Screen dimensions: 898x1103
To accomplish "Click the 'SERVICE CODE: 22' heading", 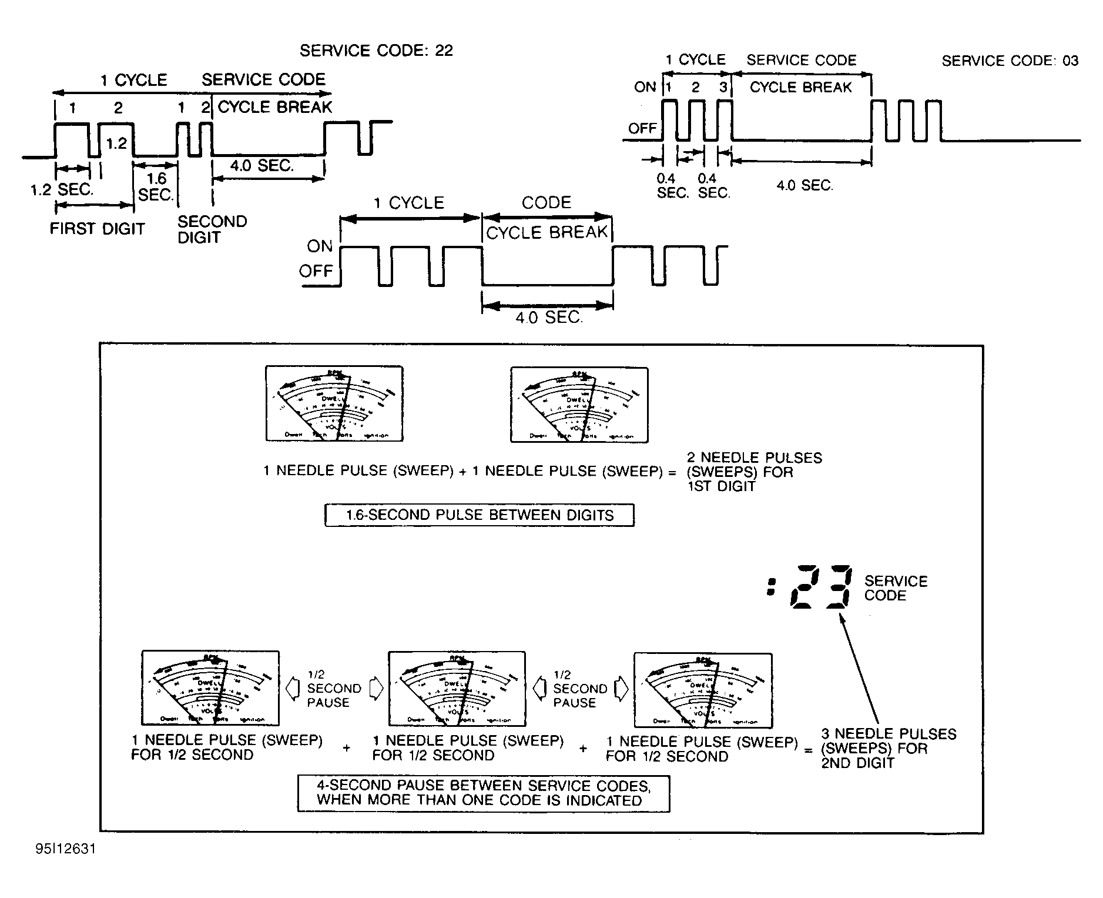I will (376, 51).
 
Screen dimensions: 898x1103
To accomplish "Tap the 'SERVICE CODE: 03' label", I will (1010, 61).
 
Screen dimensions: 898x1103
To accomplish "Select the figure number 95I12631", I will (65, 849).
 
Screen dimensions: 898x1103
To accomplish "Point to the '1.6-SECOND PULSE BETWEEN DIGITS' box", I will (479, 515).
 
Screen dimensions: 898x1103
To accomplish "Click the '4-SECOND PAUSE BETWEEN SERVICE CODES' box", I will (483, 793).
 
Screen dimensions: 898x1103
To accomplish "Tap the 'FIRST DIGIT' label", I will (97, 229).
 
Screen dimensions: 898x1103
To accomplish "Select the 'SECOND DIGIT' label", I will (212, 229).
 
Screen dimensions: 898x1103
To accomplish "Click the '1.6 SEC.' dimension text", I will (156, 186).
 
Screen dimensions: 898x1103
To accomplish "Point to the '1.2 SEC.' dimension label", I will (62, 189).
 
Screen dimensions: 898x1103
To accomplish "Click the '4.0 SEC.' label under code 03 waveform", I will (804, 186).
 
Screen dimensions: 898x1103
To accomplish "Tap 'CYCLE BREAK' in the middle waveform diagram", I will (547, 232).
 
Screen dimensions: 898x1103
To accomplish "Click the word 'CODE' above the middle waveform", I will (546, 203).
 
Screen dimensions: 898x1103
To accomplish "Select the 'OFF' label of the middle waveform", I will (316, 271).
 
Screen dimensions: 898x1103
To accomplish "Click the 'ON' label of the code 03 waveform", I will (645, 87).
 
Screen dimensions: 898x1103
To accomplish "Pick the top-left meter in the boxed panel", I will (334, 403).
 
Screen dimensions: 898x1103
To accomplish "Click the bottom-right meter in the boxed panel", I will (703, 689).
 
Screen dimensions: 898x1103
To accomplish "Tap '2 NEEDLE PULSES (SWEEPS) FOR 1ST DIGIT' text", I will (754, 472).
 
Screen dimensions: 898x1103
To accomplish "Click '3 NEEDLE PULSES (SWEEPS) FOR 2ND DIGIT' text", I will (888, 748).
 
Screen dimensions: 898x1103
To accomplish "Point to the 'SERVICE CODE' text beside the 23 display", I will (895, 588).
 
